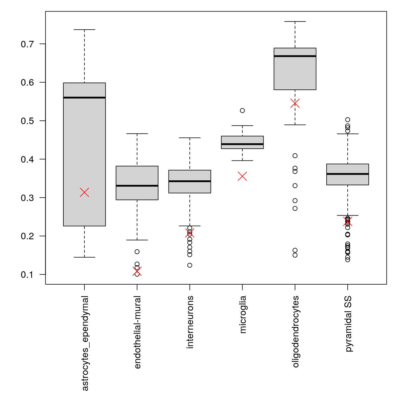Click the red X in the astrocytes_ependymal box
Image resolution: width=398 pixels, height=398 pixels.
[84, 192]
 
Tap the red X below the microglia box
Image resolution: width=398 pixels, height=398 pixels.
[242, 176]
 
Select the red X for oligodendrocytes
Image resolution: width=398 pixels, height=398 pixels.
[295, 103]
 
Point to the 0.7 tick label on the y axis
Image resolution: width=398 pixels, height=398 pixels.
[27, 44]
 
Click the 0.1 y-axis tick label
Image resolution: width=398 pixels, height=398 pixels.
[27, 275]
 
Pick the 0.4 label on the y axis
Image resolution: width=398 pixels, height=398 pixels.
[27, 160]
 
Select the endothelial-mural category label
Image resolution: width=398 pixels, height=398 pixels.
[137, 332]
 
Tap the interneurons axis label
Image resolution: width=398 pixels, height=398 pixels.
[190, 322]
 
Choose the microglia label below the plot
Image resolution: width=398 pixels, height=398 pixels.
[243, 314]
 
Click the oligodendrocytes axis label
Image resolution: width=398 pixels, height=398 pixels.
[295, 332]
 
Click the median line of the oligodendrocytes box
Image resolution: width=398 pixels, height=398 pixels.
[295, 56]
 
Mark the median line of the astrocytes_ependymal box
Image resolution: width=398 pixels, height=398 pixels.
[84, 97]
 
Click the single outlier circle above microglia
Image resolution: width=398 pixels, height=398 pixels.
[242, 110]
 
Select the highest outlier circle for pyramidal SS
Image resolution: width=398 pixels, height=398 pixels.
[348, 120]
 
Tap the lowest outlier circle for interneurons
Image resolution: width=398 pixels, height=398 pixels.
[190, 265]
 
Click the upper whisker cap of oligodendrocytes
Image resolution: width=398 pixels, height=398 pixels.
[295, 22]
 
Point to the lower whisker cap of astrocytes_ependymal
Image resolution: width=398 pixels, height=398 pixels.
[84, 257]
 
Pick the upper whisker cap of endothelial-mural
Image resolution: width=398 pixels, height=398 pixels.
[137, 134]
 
